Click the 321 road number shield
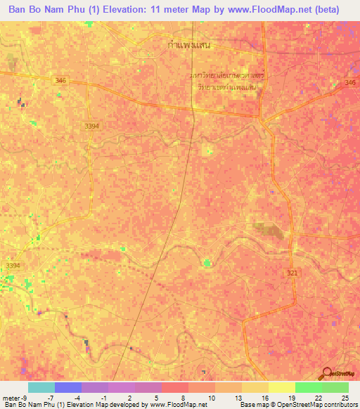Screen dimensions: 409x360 click(292, 272)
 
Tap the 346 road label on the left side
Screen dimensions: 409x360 click(60, 82)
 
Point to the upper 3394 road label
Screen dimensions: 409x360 click(91, 126)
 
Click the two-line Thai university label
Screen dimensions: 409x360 click(225, 81)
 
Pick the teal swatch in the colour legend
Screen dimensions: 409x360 click(41, 387)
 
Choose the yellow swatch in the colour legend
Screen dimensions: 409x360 click(281, 387)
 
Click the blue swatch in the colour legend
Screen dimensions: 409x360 click(67, 387)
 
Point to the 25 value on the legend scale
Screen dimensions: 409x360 click(345, 398)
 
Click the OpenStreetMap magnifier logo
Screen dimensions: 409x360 click(327, 374)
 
